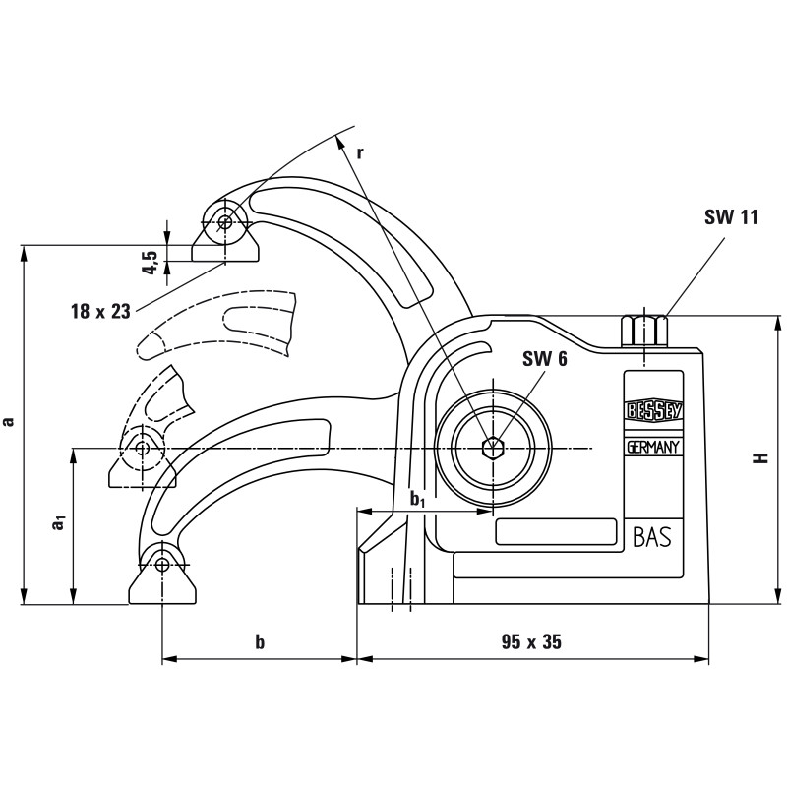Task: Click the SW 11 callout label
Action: tap(731, 218)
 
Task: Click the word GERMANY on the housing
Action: tap(654, 447)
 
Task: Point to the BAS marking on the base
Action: tap(651, 537)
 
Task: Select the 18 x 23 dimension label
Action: tap(100, 311)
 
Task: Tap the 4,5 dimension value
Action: tap(151, 263)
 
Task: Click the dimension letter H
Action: tap(759, 458)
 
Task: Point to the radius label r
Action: tap(360, 152)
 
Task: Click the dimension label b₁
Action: tap(417, 500)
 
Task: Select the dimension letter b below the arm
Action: tap(260, 642)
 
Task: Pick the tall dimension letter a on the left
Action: tap(9, 421)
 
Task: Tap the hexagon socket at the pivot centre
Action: tap(491, 449)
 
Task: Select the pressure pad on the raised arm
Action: tap(225, 237)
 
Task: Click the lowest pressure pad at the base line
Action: tap(162, 580)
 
